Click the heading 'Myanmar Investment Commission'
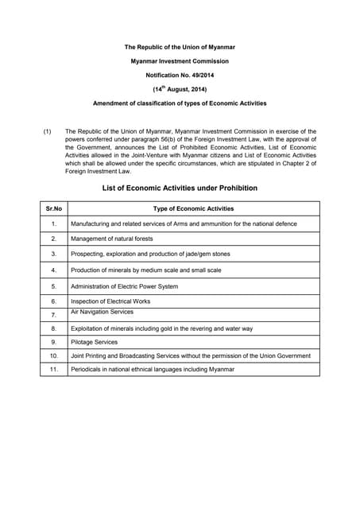(180, 61)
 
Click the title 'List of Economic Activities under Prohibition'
(180, 188)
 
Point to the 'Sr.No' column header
(54, 208)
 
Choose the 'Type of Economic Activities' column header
(193, 208)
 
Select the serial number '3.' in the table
(54, 254)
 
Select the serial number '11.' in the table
(54, 370)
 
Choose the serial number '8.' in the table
(54, 328)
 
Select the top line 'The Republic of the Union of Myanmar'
(180, 47)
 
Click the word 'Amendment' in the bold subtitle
(113, 104)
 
